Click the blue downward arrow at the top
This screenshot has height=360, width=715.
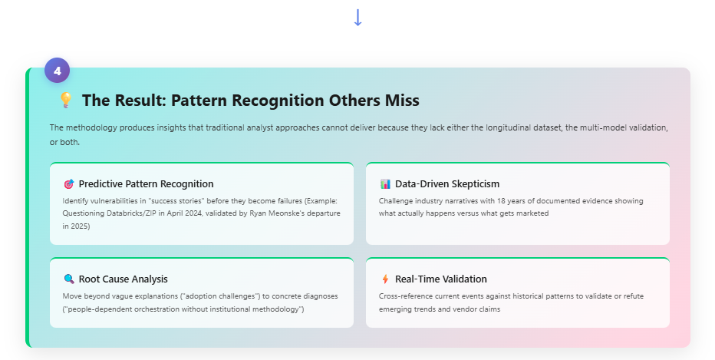(x=358, y=18)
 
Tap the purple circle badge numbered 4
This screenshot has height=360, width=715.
(x=57, y=71)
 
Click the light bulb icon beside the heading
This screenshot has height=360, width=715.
(x=66, y=100)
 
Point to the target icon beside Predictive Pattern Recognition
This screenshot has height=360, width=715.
(x=69, y=184)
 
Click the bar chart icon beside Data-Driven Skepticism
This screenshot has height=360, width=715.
(x=385, y=184)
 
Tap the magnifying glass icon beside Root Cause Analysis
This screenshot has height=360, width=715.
(x=69, y=279)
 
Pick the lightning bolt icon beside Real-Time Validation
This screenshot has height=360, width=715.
(x=385, y=279)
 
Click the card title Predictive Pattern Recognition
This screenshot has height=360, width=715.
(x=146, y=184)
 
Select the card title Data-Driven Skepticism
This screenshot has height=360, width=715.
(x=447, y=184)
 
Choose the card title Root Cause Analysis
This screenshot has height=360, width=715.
(x=123, y=279)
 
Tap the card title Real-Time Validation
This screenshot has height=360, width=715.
(x=441, y=279)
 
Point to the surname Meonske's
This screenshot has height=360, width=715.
(x=284, y=213)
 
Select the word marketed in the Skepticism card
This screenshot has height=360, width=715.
(x=533, y=213)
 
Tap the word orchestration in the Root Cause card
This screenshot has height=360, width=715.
(x=160, y=309)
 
